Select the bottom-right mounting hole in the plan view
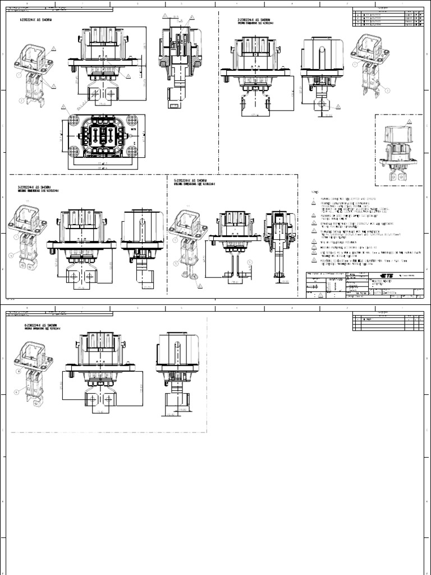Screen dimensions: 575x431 coord(133,150)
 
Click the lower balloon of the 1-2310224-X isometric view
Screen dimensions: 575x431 coord(21,101)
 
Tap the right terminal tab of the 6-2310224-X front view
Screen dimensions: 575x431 coord(108,399)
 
